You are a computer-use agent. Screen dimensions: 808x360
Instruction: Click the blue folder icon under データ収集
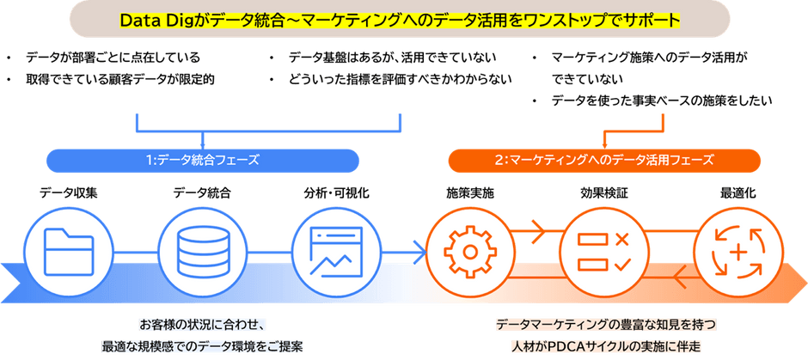(x=69, y=252)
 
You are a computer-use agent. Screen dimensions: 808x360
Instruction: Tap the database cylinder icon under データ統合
(x=201, y=252)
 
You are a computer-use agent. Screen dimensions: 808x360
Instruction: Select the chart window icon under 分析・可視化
(x=336, y=252)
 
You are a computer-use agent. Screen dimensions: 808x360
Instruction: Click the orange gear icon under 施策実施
(x=469, y=252)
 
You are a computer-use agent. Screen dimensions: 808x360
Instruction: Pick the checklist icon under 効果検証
(x=604, y=252)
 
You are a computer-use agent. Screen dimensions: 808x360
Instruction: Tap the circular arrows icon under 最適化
(x=738, y=252)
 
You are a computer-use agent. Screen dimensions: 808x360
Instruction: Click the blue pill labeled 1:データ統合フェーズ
(x=203, y=160)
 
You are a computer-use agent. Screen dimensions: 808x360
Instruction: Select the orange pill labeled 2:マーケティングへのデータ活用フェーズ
(x=604, y=160)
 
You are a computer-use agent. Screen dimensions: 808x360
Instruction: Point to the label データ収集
(x=69, y=193)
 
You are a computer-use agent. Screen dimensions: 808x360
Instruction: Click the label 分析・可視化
(x=336, y=193)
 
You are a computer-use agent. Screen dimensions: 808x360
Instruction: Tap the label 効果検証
(x=604, y=193)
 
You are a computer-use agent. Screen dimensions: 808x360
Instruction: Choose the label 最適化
(x=738, y=193)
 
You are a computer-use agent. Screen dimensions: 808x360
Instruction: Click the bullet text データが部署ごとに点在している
(x=113, y=57)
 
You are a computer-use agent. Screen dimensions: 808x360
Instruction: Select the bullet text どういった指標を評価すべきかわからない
(x=400, y=79)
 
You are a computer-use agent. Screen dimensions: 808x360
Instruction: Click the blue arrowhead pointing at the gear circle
(x=421, y=252)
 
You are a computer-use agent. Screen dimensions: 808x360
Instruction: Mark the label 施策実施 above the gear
(x=469, y=193)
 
